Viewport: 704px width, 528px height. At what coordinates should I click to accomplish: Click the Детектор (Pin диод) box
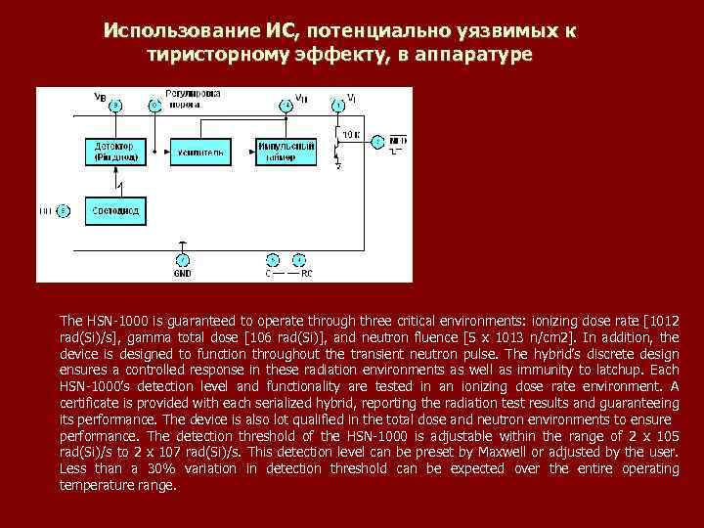point(116,152)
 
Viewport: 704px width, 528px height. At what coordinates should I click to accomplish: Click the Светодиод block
point(116,210)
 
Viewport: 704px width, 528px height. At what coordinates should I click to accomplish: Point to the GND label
point(183,274)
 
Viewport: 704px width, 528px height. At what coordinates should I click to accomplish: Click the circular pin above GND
point(183,260)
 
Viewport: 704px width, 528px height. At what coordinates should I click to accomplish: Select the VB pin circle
point(116,104)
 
